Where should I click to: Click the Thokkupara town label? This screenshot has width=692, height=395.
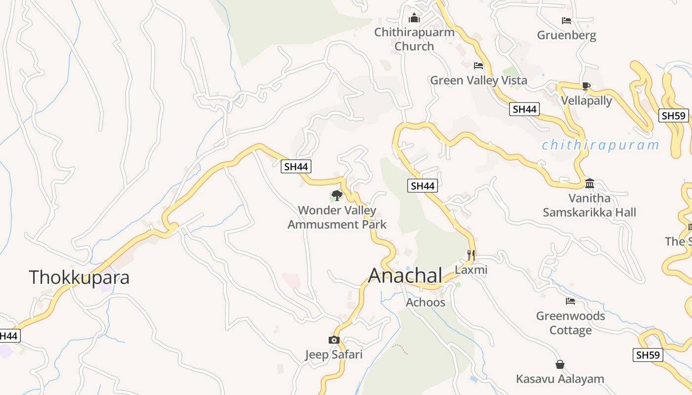pos(79,277)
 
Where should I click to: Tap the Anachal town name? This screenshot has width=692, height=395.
pos(405,276)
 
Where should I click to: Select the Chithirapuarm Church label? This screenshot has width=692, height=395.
pos(414,39)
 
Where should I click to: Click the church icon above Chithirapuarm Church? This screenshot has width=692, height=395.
pos(414,19)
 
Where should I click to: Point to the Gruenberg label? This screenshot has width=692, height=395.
pos(566,35)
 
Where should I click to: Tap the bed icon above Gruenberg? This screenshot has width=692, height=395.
pos(566,21)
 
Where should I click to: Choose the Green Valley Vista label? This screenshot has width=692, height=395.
pos(478,80)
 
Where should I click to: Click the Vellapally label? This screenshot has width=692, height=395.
pos(586,101)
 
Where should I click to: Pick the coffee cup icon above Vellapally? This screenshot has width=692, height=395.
pos(586,86)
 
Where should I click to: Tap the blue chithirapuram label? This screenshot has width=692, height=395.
pos(600,145)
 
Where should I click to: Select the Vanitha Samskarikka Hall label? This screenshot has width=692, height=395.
pos(589,205)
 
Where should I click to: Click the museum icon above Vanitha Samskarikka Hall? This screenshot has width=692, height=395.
pos(589,184)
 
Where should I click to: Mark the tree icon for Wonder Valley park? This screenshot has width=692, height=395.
pos(337,196)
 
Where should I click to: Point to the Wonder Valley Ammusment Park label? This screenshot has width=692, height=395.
pos(337,217)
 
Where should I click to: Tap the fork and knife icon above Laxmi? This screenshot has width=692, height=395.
pos(471,255)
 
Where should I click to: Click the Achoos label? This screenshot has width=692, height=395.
pos(426,302)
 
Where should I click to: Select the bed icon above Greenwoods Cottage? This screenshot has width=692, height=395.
pos(570,301)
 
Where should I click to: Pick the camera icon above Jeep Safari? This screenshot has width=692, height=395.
pos(334,340)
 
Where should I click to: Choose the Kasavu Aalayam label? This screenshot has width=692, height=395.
pos(560,379)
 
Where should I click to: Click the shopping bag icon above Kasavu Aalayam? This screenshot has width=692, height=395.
pos(560,364)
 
